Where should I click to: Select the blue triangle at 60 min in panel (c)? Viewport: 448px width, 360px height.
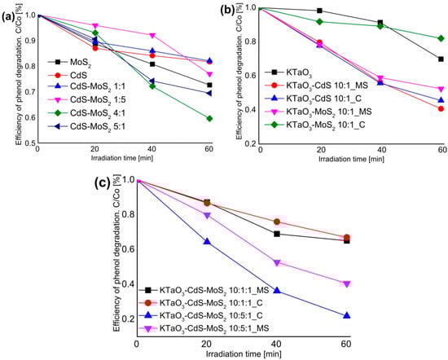pyautogui.click(x=349, y=316)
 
